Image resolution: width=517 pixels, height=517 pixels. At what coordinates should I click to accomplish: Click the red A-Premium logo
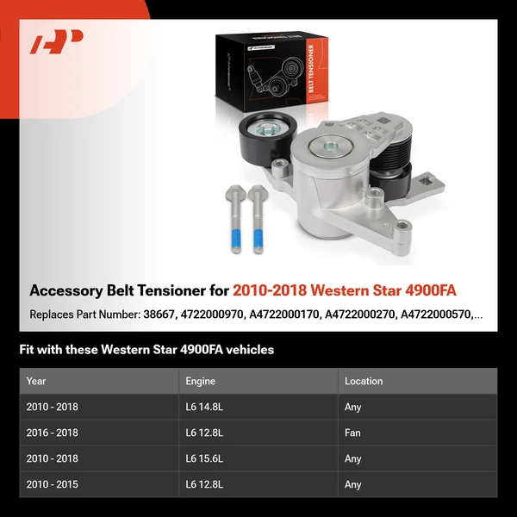56,41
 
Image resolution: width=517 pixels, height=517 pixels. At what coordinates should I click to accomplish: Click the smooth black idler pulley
264,140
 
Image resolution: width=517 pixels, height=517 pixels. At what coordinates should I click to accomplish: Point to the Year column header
36,381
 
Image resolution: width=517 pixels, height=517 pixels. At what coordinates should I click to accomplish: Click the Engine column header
201,381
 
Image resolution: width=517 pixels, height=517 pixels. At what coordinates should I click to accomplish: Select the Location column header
364,381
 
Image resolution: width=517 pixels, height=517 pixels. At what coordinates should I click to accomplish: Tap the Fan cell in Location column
352,433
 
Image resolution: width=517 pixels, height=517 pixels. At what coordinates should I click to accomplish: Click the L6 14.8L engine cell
204,408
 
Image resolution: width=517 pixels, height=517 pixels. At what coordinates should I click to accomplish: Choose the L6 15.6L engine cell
204,459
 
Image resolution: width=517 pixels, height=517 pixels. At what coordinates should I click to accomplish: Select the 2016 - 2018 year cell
53,433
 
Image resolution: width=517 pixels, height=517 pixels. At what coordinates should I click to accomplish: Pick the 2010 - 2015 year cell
53,485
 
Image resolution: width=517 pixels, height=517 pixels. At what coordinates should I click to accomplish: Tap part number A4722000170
283,315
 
